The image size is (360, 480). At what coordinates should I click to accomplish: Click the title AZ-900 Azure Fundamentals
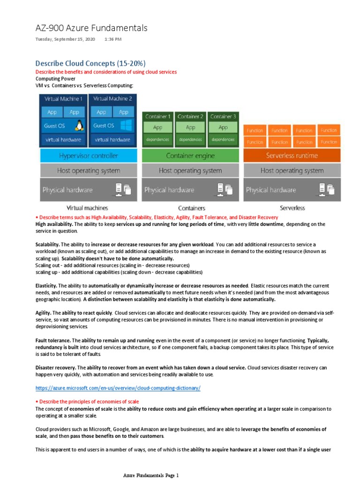91,28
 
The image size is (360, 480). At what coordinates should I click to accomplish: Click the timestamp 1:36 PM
112,39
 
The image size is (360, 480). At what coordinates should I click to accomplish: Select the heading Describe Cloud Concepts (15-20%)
90,63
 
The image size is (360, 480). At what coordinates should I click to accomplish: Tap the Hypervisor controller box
89,156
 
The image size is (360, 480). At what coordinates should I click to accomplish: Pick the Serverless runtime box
292,156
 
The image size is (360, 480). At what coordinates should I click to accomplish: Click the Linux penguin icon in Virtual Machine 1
79,126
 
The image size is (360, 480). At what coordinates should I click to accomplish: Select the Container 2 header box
191,116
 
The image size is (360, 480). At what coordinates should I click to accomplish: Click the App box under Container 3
223,127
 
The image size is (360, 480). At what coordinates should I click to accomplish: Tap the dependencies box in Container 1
158,140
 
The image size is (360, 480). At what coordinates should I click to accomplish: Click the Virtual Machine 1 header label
63,99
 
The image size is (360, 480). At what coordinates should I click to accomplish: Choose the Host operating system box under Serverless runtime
292,171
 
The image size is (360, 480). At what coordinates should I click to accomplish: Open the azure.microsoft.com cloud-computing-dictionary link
118,388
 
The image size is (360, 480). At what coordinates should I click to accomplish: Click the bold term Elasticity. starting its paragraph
46,285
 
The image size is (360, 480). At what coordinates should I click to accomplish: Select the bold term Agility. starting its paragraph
43,313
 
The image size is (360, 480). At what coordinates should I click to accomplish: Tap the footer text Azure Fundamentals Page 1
151,475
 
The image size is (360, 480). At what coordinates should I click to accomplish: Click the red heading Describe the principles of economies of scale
88,402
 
